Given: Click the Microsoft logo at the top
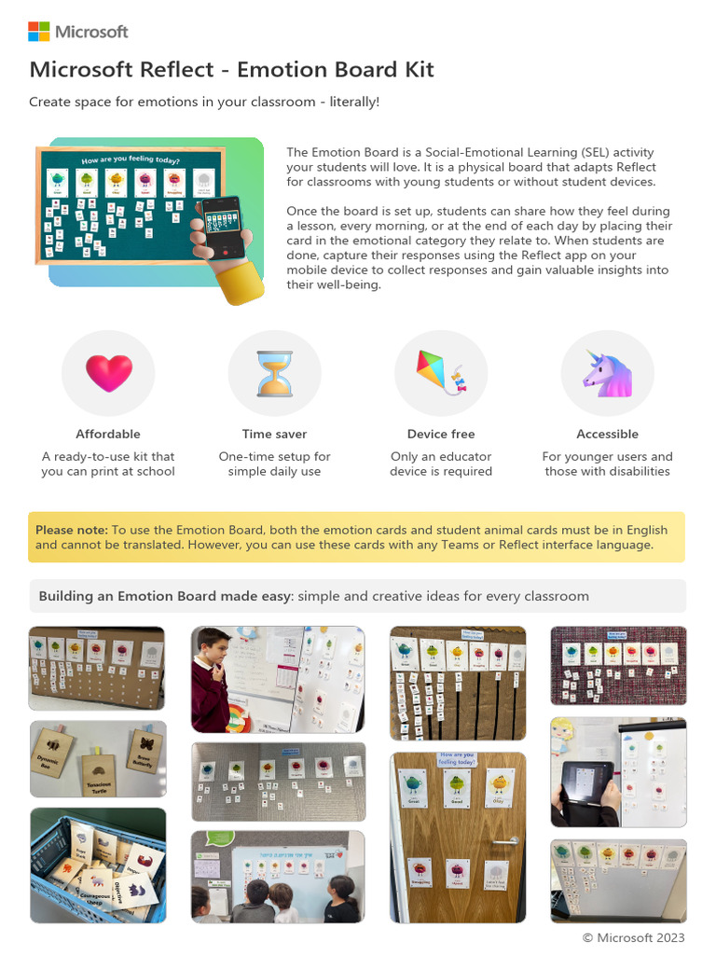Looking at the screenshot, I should [x=77, y=32].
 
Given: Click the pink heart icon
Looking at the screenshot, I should [x=108, y=373].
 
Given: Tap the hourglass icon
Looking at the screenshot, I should [x=274, y=373].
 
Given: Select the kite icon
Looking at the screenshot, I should [x=440, y=372].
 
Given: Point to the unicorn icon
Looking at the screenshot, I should [x=607, y=373].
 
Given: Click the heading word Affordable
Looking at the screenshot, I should [x=108, y=434].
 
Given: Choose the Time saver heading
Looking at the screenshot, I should [x=274, y=434].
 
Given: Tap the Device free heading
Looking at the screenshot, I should [x=441, y=434].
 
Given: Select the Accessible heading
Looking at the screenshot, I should [x=607, y=434].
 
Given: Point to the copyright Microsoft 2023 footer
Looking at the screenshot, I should [x=633, y=937].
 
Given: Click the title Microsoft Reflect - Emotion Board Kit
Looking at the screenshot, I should [x=231, y=70].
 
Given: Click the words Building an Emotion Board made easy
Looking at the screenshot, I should [x=164, y=596].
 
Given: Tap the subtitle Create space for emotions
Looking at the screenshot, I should [x=204, y=101].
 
